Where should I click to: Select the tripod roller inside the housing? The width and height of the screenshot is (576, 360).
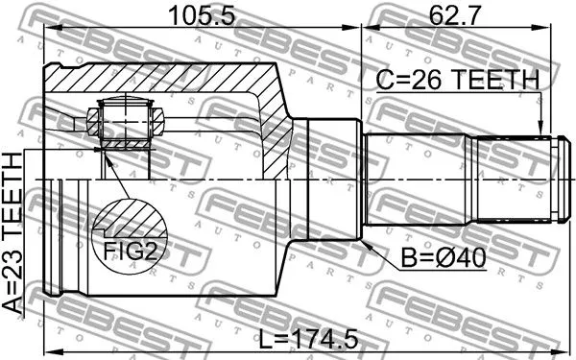[121, 122]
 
